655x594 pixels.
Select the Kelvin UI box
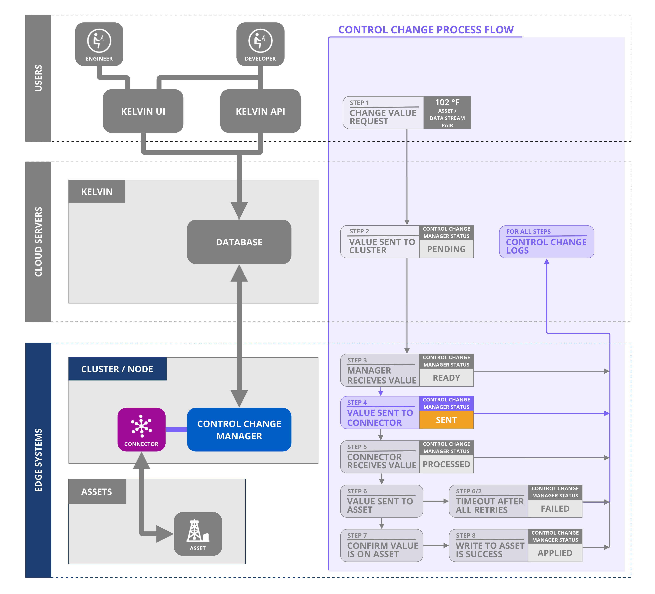pyautogui.click(x=143, y=111)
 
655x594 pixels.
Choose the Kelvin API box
pyautogui.click(x=260, y=111)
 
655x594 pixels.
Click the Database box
pyautogui.click(x=239, y=242)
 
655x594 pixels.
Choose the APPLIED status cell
pyautogui.click(x=555, y=553)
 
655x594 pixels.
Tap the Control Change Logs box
pyautogui.click(x=547, y=242)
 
